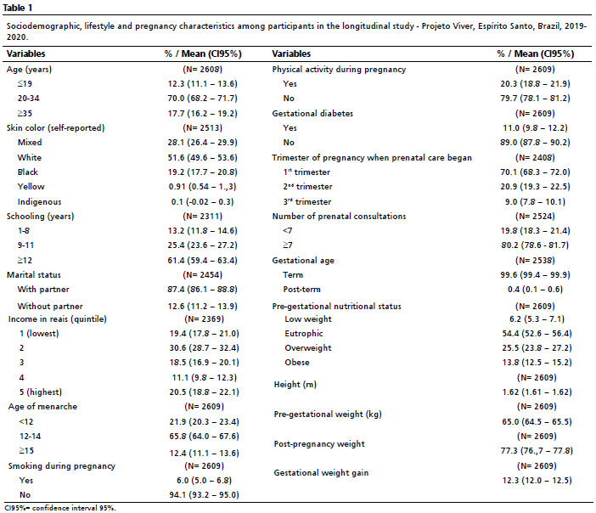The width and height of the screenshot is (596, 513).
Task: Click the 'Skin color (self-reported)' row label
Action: (x=55, y=127)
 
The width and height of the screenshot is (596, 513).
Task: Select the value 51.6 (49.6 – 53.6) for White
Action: (x=203, y=157)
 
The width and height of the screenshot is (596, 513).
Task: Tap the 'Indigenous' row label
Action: (x=39, y=201)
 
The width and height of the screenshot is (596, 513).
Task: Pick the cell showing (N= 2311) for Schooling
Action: (x=203, y=216)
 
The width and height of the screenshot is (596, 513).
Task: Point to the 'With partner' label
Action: (x=43, y=289)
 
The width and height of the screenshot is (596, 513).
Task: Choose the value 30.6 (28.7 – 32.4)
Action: (x=205, y=347)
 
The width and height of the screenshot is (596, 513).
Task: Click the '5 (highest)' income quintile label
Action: (x=41, y=392)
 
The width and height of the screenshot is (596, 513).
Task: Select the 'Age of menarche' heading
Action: (x=42, y=406)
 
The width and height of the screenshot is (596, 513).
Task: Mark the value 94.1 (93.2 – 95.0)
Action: (x=205, y=494)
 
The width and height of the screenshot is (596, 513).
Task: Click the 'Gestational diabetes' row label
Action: (x=312, y=113)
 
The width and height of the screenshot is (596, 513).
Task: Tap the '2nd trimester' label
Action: (x=307, y=186)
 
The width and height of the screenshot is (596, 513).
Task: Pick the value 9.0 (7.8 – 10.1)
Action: (x=535, y=201)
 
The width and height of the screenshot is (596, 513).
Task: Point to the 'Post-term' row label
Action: (x=301, y=289)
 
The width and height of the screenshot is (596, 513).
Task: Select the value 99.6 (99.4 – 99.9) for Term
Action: (x=535, y=274)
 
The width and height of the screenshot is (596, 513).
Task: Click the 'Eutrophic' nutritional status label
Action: (x=304, y=333)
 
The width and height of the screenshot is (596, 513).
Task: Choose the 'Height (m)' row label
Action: (x=295, y=385)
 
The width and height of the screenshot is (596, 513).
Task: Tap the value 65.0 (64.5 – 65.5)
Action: (x=537, y=421)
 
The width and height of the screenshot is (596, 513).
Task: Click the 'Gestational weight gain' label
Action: (x=321, y=473)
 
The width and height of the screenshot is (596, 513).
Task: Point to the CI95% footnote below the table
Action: (x=60, y=508)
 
